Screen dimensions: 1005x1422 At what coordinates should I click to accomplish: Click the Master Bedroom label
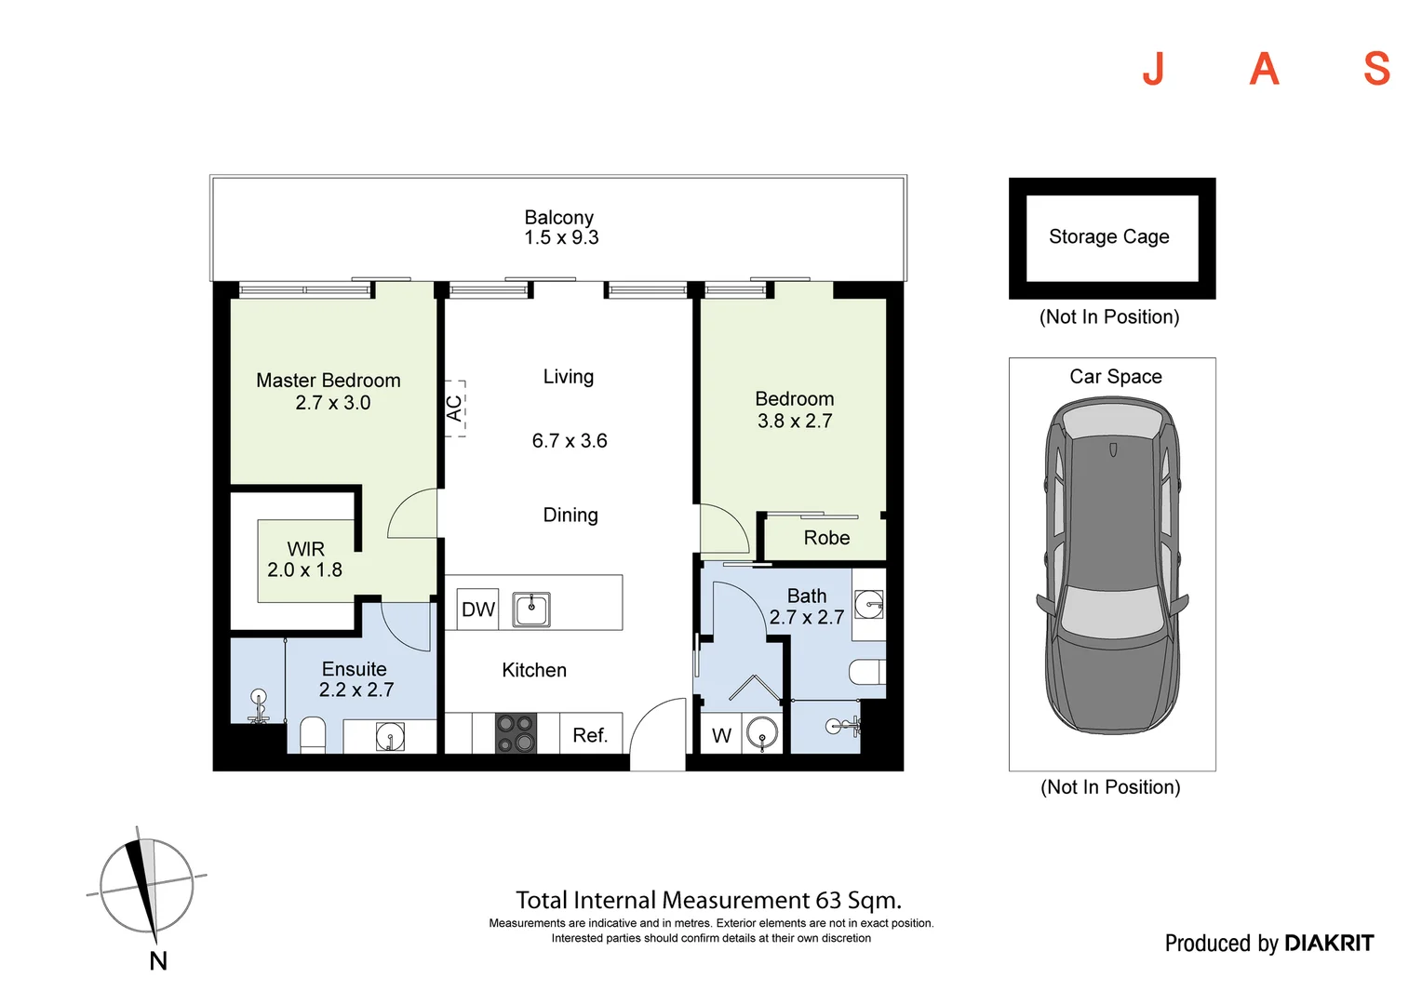pyautogui.click(x=328, y=381)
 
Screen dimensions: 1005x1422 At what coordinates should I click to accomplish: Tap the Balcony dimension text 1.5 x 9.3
pyautogui.click(x=561, y=238)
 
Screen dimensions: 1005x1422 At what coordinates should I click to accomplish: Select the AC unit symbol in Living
pyautogui.click(x=454, y=408)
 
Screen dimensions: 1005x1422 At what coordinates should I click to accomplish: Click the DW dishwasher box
pyautogui.click(x=478, y=610)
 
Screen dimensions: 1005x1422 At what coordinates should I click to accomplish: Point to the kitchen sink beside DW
pyautogui.click(x=531, y=610)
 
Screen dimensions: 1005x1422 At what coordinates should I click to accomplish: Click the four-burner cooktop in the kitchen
pyautogui.click(x=516, y=732)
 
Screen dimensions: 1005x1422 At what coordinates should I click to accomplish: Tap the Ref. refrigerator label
pyautogui.click(x=590, y=735)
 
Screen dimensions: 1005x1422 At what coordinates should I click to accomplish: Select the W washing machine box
pyautogui.click(x=721, y=735)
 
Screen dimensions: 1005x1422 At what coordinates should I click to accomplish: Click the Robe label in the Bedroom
pyautogui.click(x=826, y=538)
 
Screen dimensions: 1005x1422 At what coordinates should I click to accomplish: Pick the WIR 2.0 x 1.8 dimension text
pyautogui.click(x=304, y=570)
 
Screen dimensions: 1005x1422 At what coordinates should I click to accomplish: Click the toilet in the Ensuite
pyautogui.click(x=313, y=734)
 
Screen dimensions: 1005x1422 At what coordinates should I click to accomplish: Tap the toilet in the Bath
pyautogui.click(x=867, y=672)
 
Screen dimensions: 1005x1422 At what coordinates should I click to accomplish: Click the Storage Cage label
pyautogui.click(x=1108, y=236)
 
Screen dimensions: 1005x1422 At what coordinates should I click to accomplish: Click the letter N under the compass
pyautogui.click(x=158, y=961)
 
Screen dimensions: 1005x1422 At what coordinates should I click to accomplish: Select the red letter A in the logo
pyautogui.click(x=1264, y=69)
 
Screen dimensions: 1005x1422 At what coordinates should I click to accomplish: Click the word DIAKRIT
pyautogui.click(x=1328, y=944)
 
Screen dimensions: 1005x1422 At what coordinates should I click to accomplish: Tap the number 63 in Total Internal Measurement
pyautogui.click(x=828, y=901)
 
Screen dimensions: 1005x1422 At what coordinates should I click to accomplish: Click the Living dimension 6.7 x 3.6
pyautogui.click(x=569, y=441)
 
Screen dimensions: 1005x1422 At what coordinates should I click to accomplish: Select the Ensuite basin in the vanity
pyautogui.click(x=390, y=738)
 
